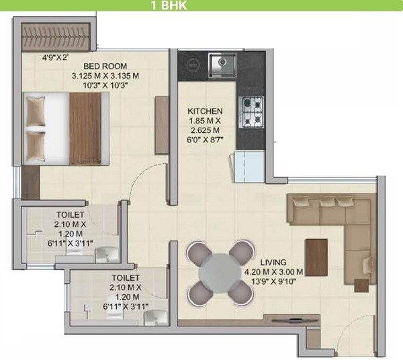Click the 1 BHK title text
click(168, 6)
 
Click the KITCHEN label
click(205, 111)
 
